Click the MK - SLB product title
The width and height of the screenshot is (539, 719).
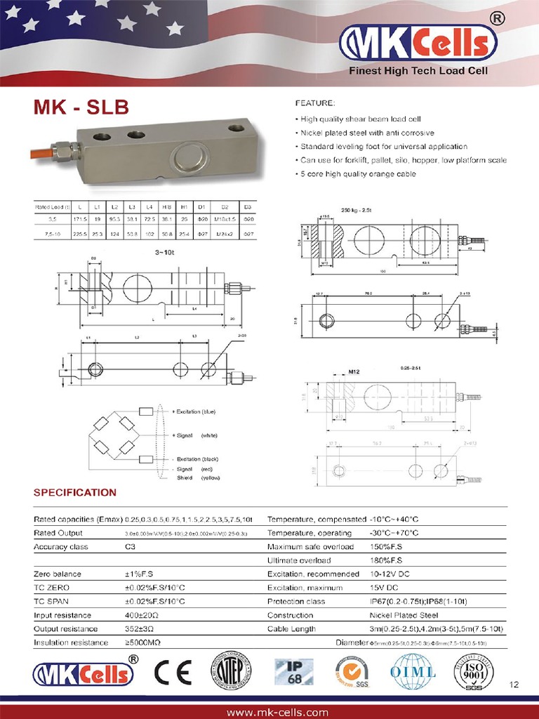click(x=81, y=108)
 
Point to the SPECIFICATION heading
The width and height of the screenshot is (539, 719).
click(x=75, y=493)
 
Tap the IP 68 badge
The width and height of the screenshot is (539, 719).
click(x=293, y=672)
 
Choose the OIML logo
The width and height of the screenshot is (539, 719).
click(x=413, y=672)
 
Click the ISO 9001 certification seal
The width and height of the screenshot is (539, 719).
click(x=471, y=672)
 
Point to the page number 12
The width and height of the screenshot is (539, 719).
click(x=515, y=685)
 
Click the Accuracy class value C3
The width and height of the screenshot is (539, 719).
click(x=130, y=547)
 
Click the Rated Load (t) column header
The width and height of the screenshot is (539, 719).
click(x=53, y=207)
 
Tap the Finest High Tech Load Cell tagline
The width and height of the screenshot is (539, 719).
click(x=418, y=71)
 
